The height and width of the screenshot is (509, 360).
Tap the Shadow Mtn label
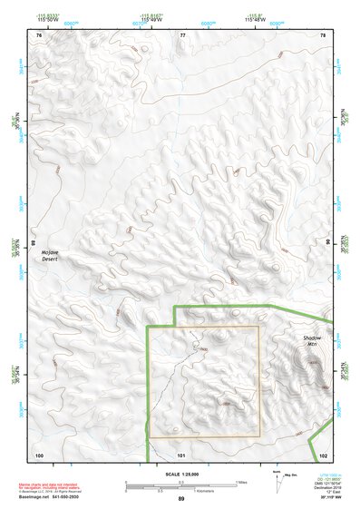[313, 343]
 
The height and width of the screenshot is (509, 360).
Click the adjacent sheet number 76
[39, 35]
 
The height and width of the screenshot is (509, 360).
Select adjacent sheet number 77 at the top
[182, 35]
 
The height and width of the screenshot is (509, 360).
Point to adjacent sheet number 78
[323, 35]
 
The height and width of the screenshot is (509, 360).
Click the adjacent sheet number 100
[39, 454]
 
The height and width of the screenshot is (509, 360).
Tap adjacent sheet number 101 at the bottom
[181, 454]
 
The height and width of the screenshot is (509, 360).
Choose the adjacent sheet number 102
[324, 454]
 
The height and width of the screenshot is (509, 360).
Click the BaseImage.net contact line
[50, 497]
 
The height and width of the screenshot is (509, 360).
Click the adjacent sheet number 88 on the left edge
[34, 243]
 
